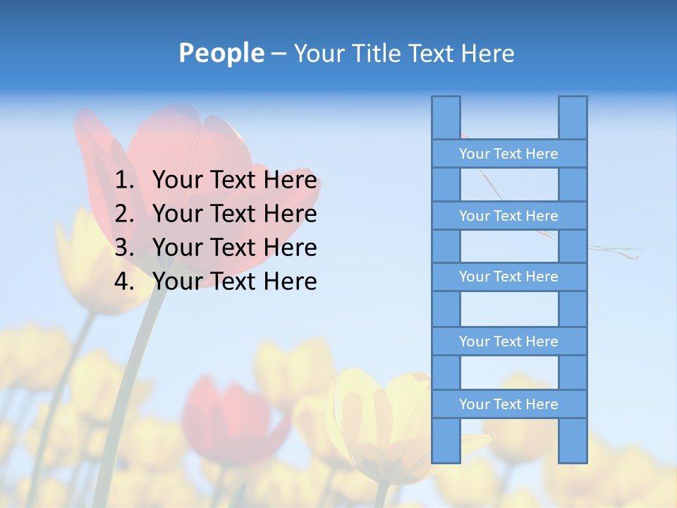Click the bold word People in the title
(221, 53)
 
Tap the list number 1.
(123, 181)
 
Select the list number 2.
(123, 214)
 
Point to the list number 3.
(123, 248)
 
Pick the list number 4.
(123, 282)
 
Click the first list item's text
(234, 181)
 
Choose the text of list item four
(234, 282)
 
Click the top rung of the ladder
(508, 154)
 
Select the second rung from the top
(508, 216)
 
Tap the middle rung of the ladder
(508, 277)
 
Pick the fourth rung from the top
(508, 341)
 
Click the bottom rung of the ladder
(508, 404)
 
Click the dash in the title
(279, 54)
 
